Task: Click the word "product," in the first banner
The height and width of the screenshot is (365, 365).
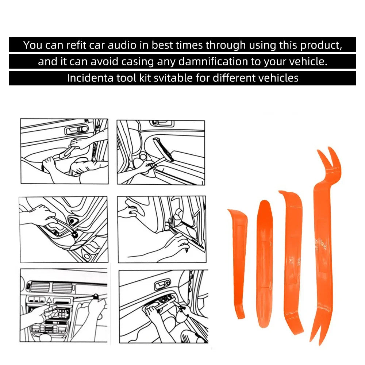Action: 321,45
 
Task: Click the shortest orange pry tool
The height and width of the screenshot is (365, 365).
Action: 238,263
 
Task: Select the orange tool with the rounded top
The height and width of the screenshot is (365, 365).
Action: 265,263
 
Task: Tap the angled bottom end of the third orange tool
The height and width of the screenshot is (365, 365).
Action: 295,326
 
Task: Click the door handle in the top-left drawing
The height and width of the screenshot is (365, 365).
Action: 76,130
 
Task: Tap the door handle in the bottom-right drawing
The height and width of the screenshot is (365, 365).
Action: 163,284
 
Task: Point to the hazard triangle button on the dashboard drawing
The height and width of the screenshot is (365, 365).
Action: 49,300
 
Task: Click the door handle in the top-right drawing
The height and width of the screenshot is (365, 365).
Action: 162,123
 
